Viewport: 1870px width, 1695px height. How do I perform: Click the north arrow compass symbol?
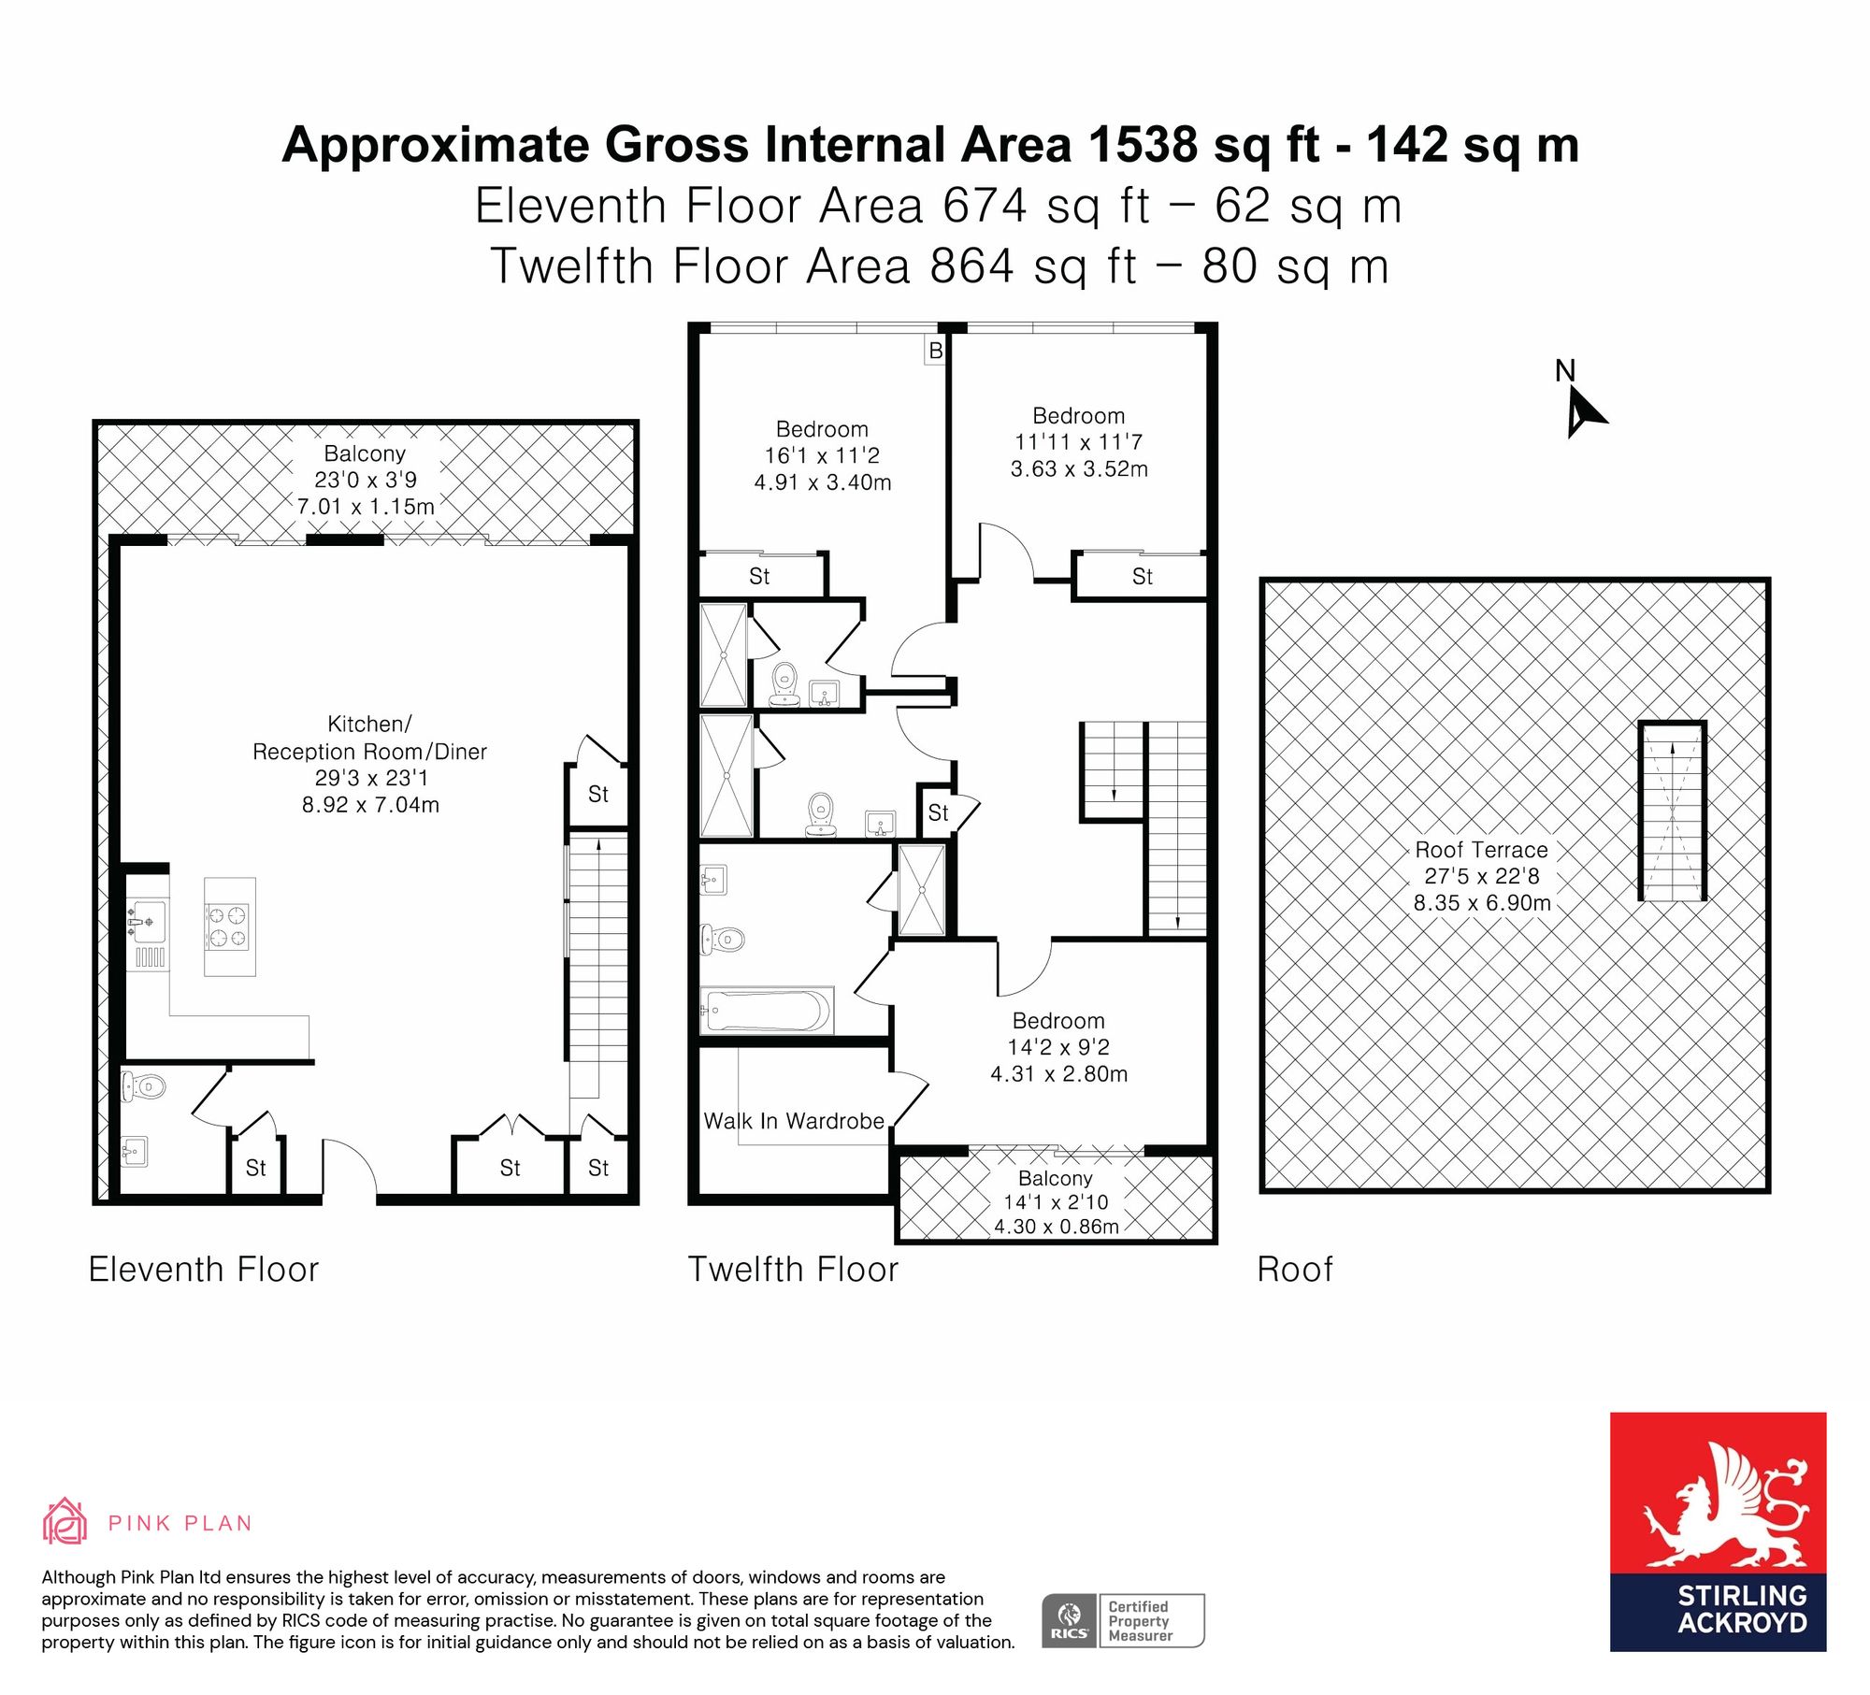[1583, 413]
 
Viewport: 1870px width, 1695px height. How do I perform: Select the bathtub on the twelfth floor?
[767, 1010]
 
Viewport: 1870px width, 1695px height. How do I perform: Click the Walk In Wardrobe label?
[794, 1121]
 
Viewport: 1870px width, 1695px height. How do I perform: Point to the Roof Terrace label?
[1481, 850]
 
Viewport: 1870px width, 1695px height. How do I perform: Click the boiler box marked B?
[935, 351]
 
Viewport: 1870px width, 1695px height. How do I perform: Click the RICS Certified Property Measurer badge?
[1123, 1621]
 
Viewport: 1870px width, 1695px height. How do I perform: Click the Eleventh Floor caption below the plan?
[204, 1270]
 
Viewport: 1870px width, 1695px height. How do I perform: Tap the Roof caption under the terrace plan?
[1295, 1270]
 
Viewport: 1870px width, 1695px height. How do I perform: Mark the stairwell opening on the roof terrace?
[1673, 811]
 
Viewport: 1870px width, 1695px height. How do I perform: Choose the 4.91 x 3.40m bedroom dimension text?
[823, 482]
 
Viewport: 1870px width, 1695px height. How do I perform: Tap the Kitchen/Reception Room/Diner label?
[370, 738]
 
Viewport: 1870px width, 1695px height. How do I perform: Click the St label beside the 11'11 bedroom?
[1143, 577]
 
